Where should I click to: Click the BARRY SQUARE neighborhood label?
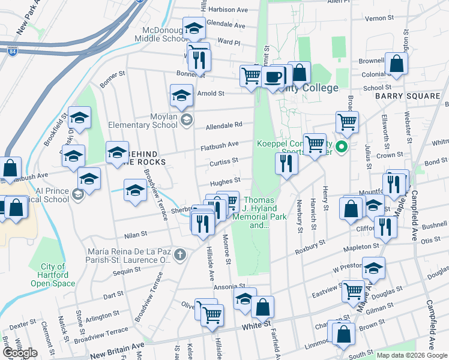pos(408,96)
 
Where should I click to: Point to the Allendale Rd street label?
pos(224,125)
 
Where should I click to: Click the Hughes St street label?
pos(225,180)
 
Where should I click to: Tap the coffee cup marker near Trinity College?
pos(273,76)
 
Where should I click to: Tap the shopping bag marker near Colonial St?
pos(396,63)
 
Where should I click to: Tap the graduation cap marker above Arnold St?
pos(181,94)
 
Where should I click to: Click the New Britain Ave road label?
pos(117,355)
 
